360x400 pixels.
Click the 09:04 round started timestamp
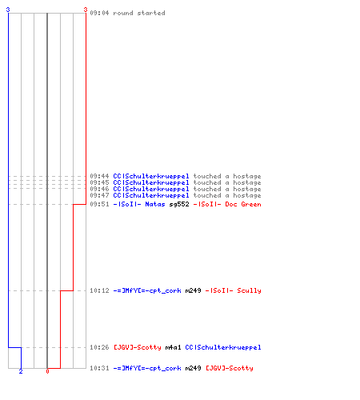[99, 13]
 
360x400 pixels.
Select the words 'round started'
[139, 13]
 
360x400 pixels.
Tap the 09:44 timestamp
[99, 176]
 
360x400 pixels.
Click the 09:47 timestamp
[99, 195]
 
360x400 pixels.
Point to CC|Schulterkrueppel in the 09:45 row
[151, 183]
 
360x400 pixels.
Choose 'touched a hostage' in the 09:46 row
[227, 189]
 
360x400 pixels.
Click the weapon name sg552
[179, 205]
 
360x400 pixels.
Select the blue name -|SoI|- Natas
[139, 205]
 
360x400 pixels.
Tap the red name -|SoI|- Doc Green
[227, 205]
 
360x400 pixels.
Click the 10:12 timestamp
[99, 290]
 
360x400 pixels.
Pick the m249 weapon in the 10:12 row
[193, 290]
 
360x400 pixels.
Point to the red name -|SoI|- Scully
[233, 290]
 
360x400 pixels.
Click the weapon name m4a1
[173, 347]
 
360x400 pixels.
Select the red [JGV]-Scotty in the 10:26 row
[138, 347]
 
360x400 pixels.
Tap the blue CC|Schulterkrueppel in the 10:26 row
[223, 347]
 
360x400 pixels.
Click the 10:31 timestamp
[99, 368]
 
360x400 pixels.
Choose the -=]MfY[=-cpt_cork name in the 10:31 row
[147, 369]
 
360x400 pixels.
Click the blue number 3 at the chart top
[8, 10]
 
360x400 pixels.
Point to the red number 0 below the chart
[47, 371]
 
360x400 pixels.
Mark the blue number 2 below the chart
[21, 371]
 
